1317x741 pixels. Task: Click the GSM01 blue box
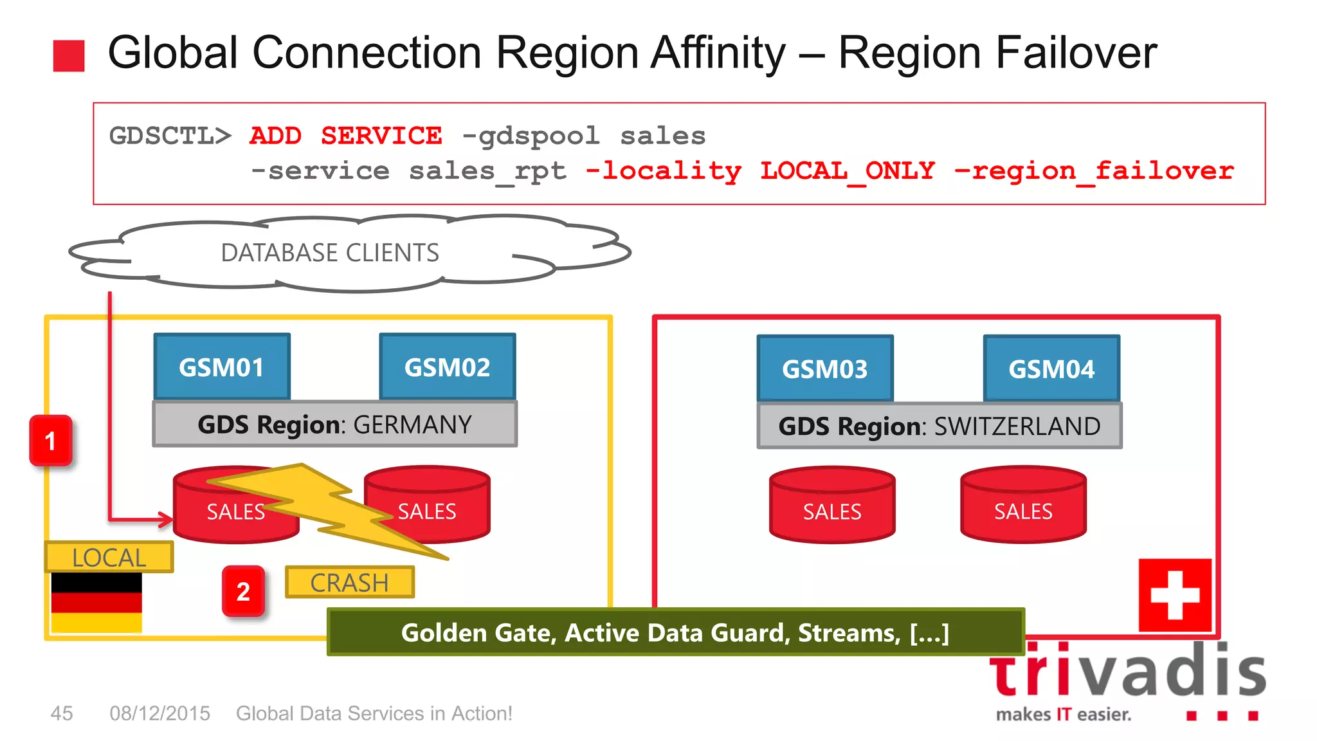tap(222, 367)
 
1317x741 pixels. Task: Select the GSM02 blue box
tap(448, 367)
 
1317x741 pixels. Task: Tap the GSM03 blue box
tap(825, 369)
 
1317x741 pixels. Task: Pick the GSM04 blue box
tap(1051, 369)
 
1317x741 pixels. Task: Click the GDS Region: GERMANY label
tap(334, 425)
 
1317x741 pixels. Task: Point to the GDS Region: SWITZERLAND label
tap(940, 426)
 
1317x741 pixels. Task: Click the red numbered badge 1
tap(51, 441)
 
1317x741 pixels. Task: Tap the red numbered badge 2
tap(243, 591)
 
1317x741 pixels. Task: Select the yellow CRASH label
tap(349, 583)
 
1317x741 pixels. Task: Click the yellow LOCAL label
tap(109, 557)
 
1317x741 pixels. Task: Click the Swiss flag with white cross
tap(1175, 595)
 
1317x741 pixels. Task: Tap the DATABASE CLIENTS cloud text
tap(330, 253)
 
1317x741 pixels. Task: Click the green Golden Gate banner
tap(675, 632)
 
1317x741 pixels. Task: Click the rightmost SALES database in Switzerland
tap(1023, 505)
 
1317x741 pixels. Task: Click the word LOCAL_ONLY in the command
tap(848, 171)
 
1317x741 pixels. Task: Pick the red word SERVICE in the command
tap(381, 136)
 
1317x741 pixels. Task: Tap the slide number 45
tap(62, 713)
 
